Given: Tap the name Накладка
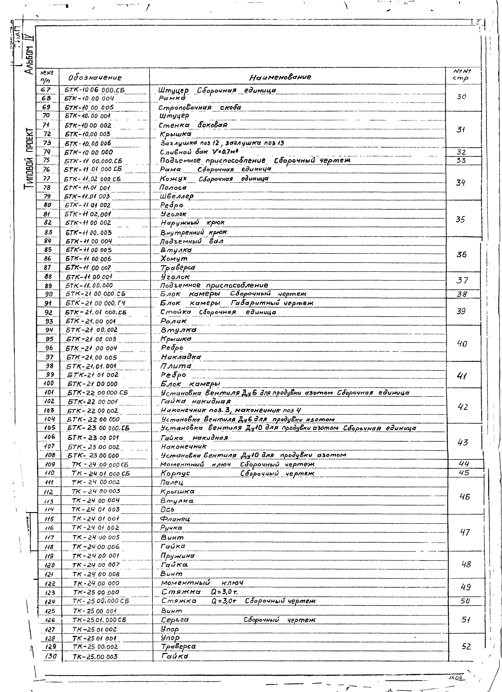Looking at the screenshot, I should [181, 357].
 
